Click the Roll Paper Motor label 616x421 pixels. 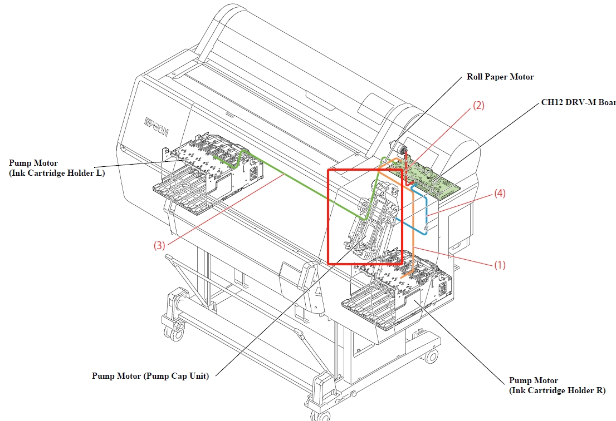click(x=500, y=77)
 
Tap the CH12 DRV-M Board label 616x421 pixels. click(x=578, y=102)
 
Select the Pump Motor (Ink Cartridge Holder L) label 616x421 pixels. click(x=57, y=168)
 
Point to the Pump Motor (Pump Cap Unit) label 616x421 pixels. click(x=150, y=376)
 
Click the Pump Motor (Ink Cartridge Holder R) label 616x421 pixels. click(x=557, y=385)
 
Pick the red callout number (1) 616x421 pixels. click(x=500, y=265)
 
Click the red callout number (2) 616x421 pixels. click(x=478, y=105)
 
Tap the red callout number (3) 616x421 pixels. click(x=159, y=246)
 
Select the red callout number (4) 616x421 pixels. click(x=500, y=193)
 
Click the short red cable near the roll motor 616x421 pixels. click(x=407, y=169)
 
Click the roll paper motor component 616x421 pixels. click(x=399, y=148)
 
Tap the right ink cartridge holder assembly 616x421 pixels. click(x=397, y=290)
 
